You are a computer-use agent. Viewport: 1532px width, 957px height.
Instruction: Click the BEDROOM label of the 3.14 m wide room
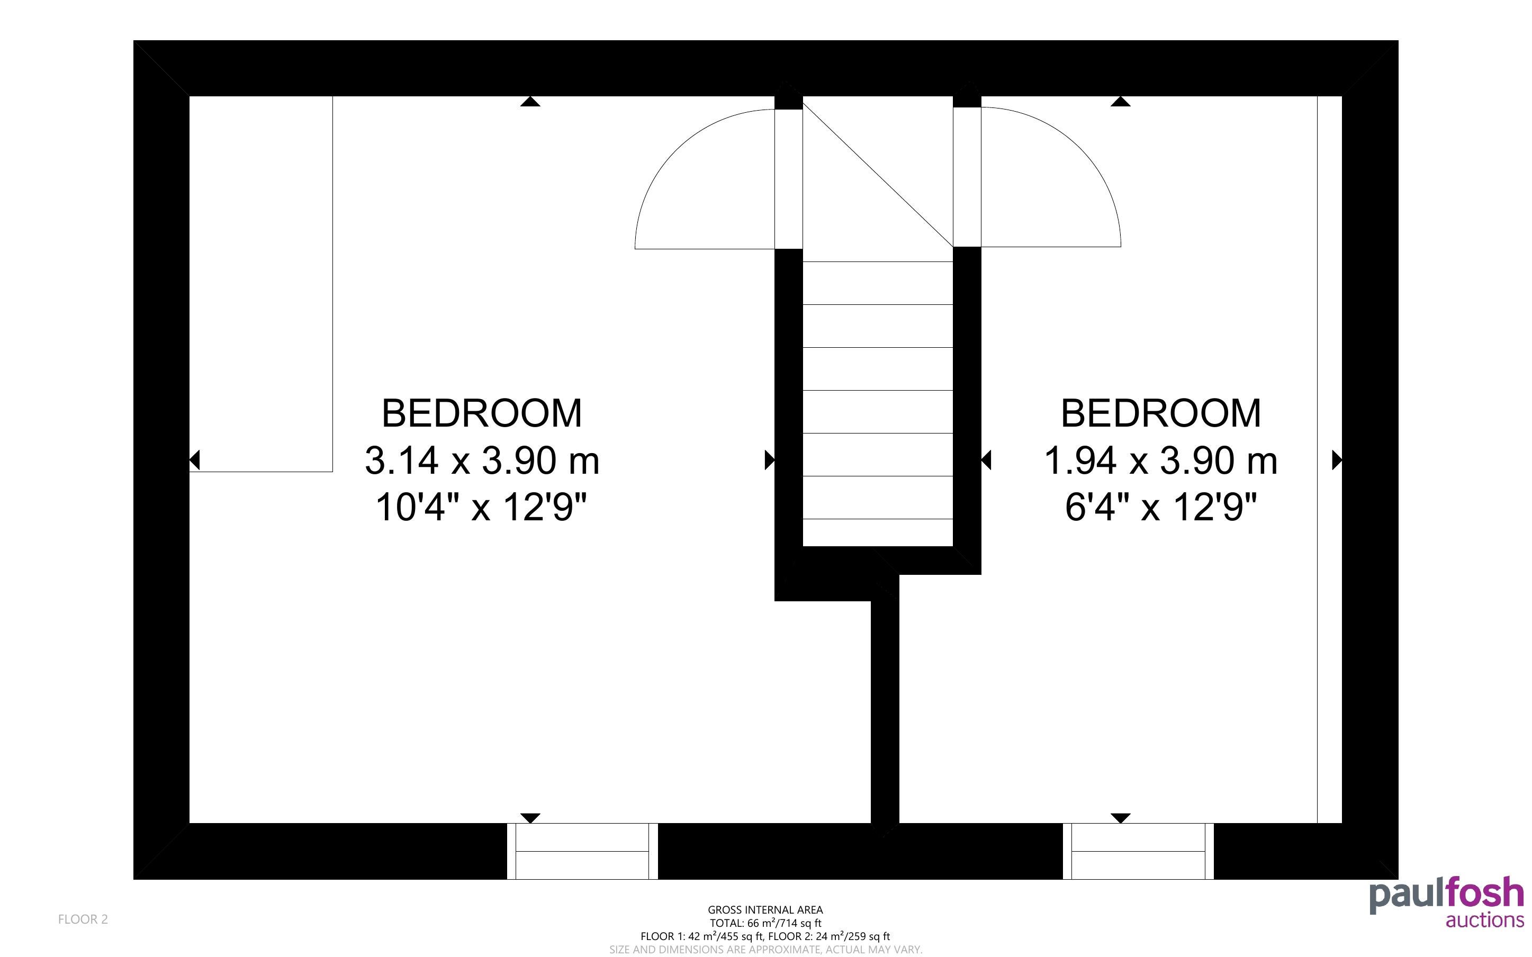coord(482,413)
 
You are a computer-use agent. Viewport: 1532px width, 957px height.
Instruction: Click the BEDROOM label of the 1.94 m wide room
coord(1160,413)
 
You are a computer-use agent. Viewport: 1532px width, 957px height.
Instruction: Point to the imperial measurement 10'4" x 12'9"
coord(482,507)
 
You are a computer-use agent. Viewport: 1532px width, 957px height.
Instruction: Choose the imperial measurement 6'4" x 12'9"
coord(1160,507)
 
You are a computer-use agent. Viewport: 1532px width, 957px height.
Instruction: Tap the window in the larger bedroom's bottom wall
coord(582,851)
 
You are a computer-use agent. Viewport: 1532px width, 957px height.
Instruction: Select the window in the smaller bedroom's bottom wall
coord(1138,851)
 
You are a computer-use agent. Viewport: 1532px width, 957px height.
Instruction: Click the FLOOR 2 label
coord(83,919)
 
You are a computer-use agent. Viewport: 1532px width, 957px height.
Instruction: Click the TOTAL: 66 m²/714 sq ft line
coord(765,923)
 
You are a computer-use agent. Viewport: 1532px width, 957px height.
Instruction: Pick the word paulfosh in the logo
coord(1447,895)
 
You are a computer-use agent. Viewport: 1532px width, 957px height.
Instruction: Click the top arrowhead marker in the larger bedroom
coord(530,101)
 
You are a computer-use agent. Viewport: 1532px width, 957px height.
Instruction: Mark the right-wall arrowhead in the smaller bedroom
coord(1337,459)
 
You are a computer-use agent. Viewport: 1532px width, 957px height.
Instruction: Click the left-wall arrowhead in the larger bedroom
coord(195,460)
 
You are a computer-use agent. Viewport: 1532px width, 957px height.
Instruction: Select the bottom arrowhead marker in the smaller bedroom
coord(1120,818)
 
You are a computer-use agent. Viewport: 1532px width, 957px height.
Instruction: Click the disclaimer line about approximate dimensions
coord(765,950)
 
